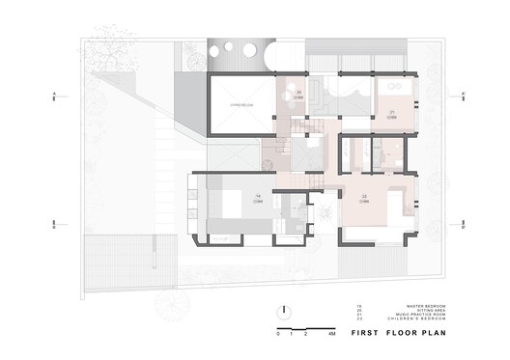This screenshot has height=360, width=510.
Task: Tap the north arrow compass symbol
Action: (287, 311)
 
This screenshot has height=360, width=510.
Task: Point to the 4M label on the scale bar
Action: (330, 332)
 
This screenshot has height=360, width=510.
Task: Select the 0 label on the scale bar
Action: (277, 332)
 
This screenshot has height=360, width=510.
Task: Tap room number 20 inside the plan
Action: (300, 92)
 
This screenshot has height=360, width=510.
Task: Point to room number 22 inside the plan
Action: (363, 195)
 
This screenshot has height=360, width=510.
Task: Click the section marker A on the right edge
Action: (465, 95)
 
